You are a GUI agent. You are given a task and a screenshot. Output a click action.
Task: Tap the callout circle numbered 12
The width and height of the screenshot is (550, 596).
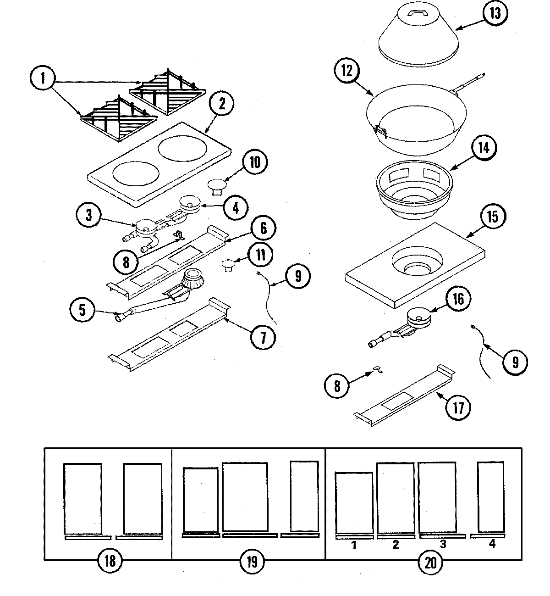click(x=347, y=72)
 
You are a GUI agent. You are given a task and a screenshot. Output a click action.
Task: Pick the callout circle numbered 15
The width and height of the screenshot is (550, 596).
click(x=492, y=216)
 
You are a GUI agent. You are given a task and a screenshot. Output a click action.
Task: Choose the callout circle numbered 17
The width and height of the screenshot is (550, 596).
click(x=458, y=407)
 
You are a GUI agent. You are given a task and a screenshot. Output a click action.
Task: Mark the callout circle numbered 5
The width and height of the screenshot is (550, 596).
click(x=82, y=311)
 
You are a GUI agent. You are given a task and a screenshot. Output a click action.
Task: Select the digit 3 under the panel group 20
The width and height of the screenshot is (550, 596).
click(x=443, y=545)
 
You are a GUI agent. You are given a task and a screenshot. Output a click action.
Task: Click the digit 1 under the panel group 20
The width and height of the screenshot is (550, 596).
click(x=354, y=545)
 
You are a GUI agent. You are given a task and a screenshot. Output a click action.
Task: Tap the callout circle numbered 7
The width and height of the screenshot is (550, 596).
click(x=263, y=337)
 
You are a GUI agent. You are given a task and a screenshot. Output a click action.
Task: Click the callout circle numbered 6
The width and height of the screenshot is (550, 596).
click(x=263, y=228)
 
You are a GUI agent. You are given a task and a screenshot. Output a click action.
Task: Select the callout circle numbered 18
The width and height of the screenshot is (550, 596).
click(x=110, y=561)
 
